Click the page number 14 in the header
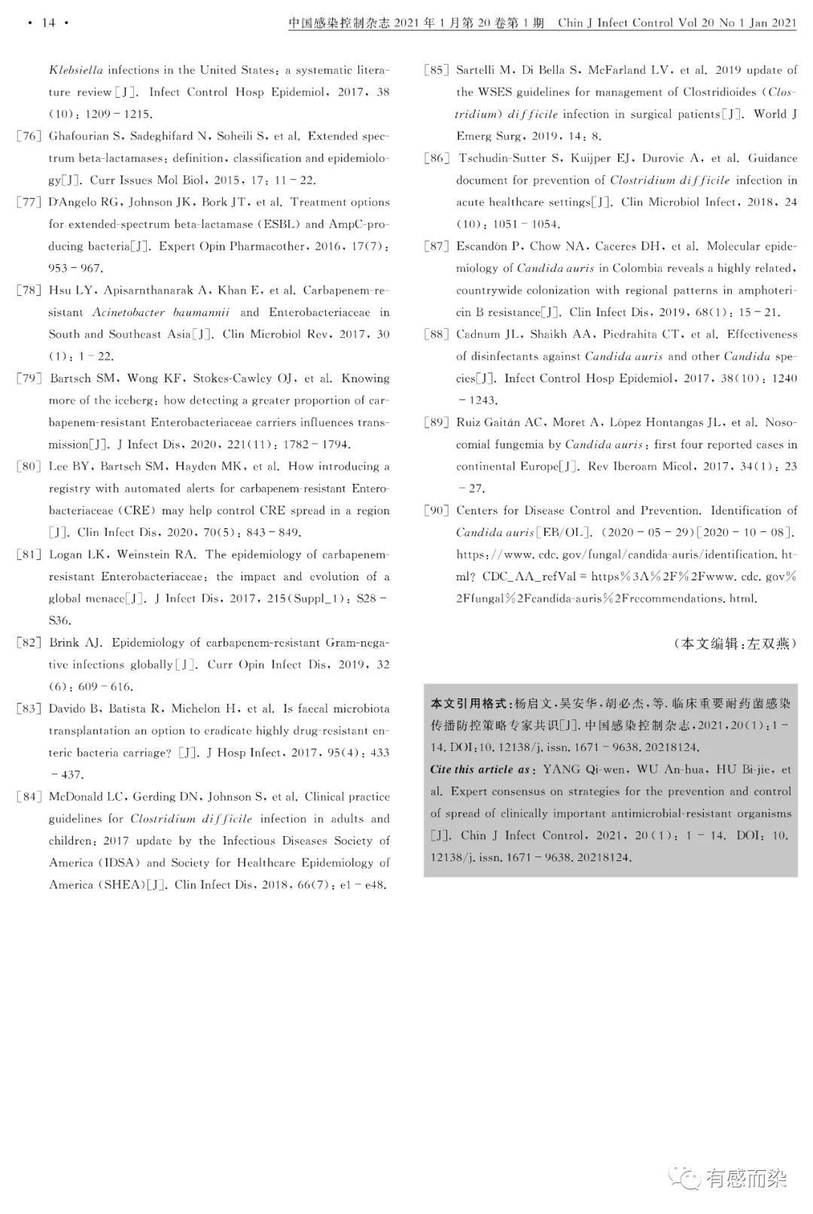coord(48,23)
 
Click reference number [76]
coord(29,136)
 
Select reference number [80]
coord(29,467)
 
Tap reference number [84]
coord(29,797)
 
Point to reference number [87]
coord(436,246)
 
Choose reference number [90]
coord(436,510)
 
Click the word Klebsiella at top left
coord(76,70)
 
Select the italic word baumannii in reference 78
coord(201,312)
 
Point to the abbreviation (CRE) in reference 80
coord(137,510)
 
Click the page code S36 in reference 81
coord(59,621)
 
